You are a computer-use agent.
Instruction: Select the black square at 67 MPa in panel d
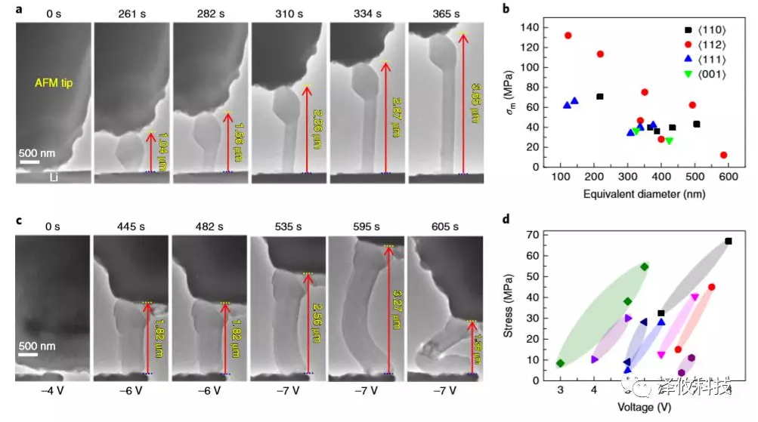pyautogui.click(x=729, y=241)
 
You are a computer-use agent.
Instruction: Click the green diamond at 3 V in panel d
pyautogui.click(x=560, y=363)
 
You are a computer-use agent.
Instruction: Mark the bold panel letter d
pyautogui.click(x=506, y=220)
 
